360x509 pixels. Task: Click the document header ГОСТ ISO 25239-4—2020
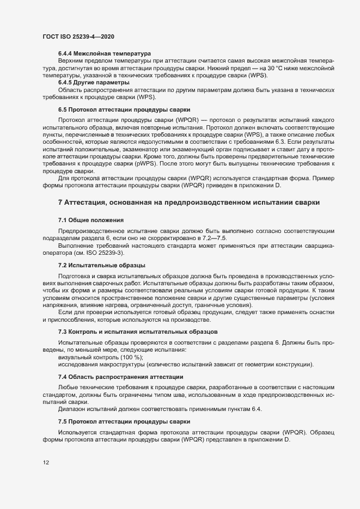(x=78, y=36)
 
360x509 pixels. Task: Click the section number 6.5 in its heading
(x=63, y=109)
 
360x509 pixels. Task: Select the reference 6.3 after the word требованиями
(x=289, y=141)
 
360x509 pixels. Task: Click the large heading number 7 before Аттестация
(x=60, y=203)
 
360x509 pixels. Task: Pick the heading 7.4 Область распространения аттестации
(x=120, y=377)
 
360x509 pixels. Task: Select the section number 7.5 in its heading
(x=63, y=422)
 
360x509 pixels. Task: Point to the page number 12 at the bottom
(x=46, y=462)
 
